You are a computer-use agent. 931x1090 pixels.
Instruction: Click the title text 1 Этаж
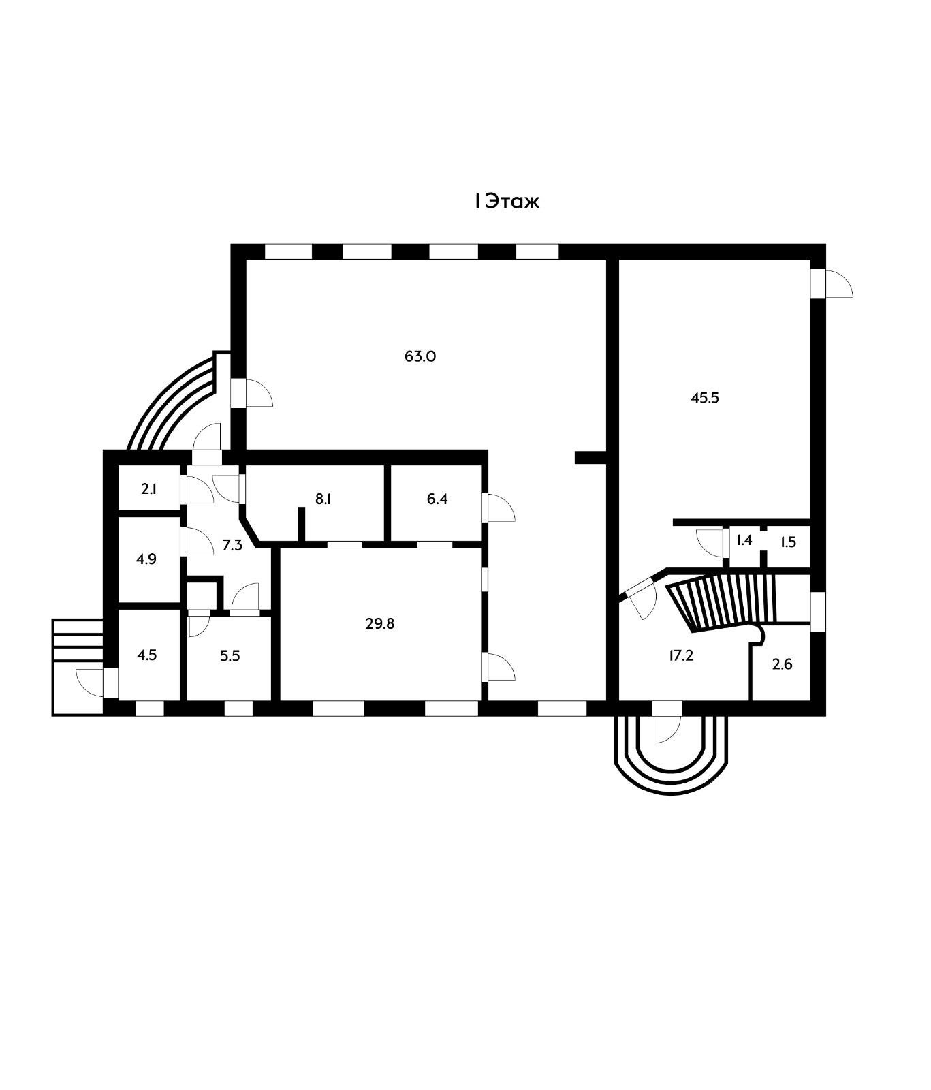click(507, 202)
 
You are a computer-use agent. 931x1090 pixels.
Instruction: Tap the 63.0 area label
click(420, 356)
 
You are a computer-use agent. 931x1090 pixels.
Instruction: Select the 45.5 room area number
click(705, 398)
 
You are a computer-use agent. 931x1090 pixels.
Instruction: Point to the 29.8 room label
click(380, 623)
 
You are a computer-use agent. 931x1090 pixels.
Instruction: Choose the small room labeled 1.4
click(744, 541)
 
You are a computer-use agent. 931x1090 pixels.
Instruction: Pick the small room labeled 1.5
click(788, 542)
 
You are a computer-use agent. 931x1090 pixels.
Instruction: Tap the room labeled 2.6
click(782, 664)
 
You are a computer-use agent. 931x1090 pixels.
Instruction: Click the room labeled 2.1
click(149, 488)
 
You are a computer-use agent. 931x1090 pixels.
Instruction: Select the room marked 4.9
click(146, 559)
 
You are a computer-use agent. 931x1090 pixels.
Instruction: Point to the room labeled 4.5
click(146, 655)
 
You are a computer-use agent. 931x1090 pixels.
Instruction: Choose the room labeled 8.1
click(323, 499)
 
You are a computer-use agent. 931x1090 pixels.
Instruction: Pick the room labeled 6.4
click(437, 499)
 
